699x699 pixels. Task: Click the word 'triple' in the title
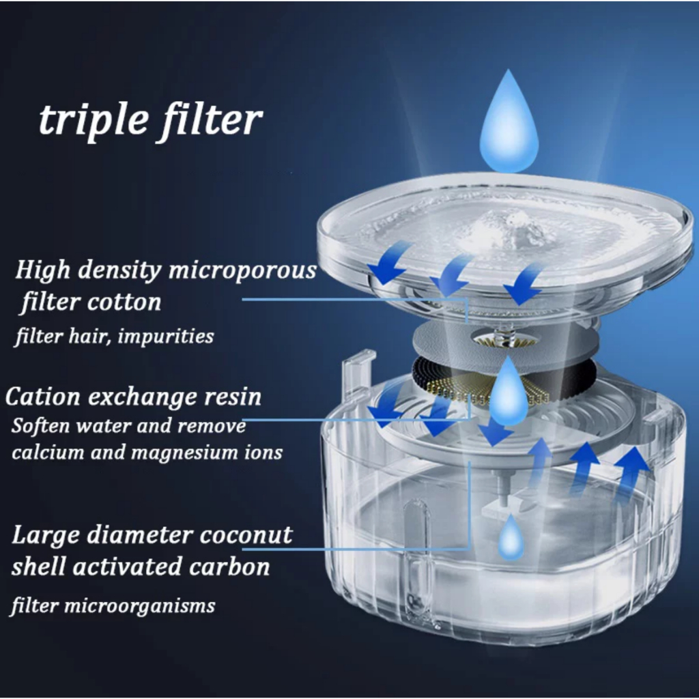coord(94,121)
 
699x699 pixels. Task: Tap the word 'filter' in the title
coord(210,119)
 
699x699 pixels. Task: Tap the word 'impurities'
coord(166,336)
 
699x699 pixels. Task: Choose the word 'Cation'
coord(43,396)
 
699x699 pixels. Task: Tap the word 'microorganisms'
coord(140,606)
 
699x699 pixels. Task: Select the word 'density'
coord(119,270)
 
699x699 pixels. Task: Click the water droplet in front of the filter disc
coord(508,391)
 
